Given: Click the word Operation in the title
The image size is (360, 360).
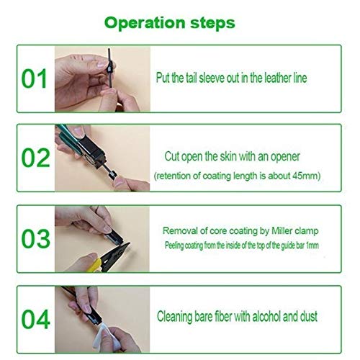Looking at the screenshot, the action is click(145, 23).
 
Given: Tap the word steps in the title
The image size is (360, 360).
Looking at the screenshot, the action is click(212, 23).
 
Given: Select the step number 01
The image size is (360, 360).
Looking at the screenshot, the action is click(34, 78).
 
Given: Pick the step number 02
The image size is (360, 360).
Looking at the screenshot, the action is click(36, 158).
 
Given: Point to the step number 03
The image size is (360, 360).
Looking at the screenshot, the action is click(36, 238).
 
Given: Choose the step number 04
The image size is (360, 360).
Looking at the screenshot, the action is click(36, 319).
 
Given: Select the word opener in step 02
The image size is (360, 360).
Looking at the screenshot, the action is click(285, 157).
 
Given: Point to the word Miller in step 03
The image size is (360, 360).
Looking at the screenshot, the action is click(282, 231).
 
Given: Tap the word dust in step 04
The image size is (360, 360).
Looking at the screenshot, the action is click(309, 316).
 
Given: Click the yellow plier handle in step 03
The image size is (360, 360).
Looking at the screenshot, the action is click(94, 266).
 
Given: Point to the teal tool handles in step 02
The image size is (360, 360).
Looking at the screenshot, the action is click(66, 135).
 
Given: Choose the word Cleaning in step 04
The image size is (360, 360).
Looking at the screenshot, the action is click(174, 317).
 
